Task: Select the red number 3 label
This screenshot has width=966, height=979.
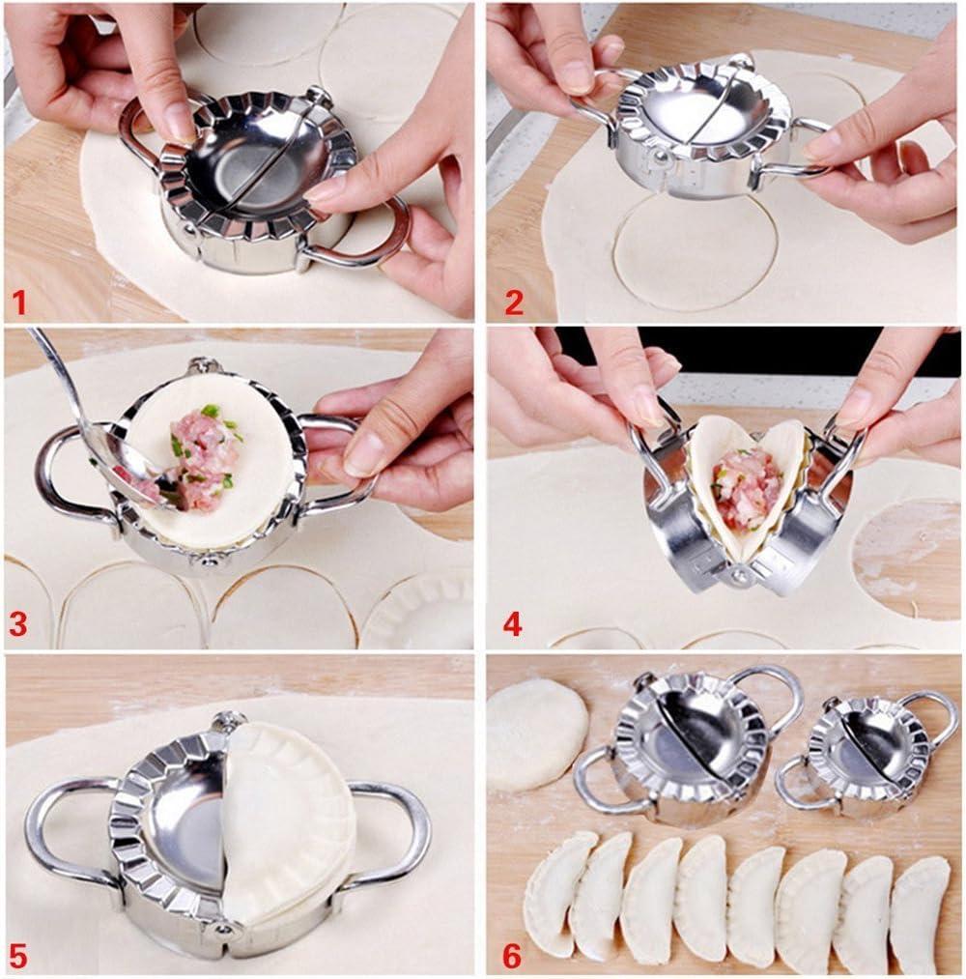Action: click(17, 625)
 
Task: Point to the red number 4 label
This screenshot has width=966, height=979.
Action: click(512, 624)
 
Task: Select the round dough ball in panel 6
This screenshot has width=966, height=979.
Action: click(537, 733)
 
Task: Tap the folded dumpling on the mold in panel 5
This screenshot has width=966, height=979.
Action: click(285, 821)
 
